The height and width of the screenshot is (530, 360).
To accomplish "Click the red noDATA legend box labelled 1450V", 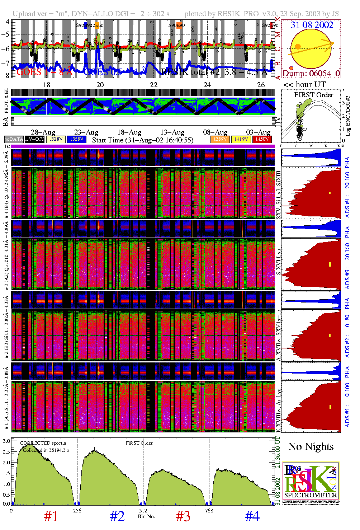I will pos(262,139).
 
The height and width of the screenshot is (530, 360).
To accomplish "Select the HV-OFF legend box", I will pos(35,139).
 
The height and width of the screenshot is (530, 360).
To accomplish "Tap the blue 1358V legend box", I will pos(77,139).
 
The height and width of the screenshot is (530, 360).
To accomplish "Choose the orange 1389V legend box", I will pos(220,139).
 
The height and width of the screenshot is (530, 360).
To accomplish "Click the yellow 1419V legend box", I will pos(241,139).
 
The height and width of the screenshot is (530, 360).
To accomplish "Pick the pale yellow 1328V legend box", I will pos(56,139).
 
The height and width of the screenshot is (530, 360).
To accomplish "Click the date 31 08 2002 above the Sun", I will pos(312,25).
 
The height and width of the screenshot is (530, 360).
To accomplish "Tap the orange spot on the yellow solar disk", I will pos(298,47).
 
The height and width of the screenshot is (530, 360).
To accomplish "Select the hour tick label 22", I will pos(153,85).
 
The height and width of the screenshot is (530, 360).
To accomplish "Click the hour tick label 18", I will pos(47,85).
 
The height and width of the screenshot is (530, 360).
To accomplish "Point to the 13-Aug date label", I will pos(172,132).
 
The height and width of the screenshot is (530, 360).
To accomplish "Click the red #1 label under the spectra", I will pos(51,516).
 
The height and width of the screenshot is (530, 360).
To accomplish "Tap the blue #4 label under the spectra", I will pos(252,516).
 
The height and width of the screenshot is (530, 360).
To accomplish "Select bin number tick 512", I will pos(143,511).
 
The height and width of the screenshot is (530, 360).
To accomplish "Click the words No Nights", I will pos(311,446).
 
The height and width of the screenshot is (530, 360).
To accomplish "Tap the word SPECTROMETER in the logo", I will pos(311,495).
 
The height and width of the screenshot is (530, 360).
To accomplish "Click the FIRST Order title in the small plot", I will pos(314,95).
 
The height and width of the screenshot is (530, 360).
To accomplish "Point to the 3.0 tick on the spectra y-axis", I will pos(6,441).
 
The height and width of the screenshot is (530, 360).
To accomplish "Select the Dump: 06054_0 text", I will pos(311,73).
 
